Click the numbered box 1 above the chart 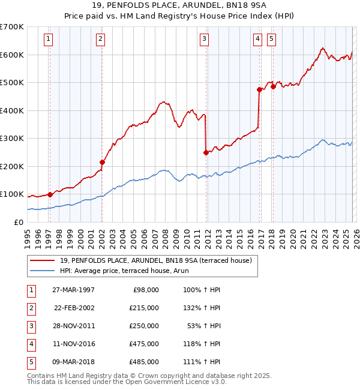coord(48,40)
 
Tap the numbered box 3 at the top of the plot coord(204,40)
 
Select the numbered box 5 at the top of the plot coord(271,40)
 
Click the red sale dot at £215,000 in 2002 coord(102,162)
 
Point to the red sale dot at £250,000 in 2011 coord(206,152)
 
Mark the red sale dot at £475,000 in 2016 coord(260,90)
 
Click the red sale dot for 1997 coord(50,194)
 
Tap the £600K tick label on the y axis coord(12,55)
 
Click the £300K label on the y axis coord(12,139)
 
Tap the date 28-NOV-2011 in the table coord(75,325)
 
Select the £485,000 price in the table coord(143,362)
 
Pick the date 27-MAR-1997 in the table coord(75,289)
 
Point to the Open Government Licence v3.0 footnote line coord(127,382)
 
